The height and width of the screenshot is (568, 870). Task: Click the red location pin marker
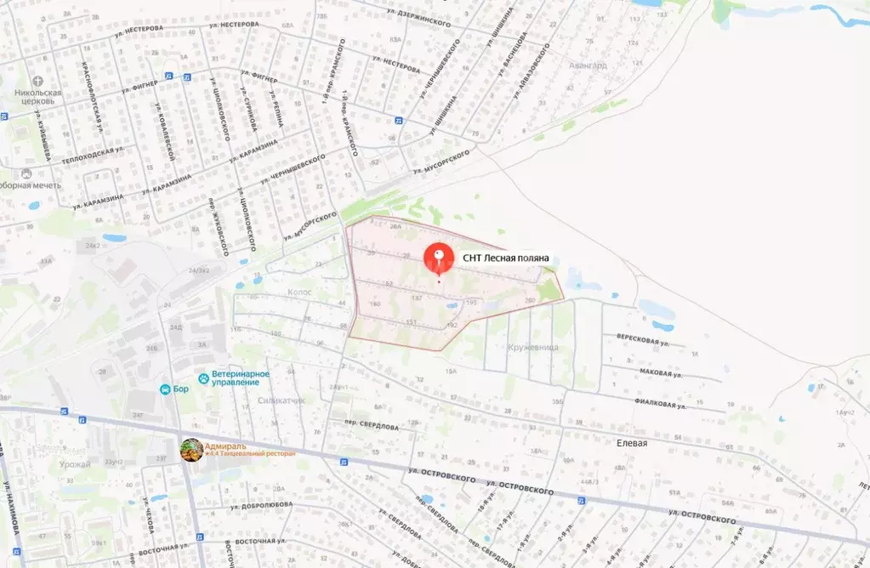click(439, 257)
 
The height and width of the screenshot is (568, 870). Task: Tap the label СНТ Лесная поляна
click(506, 258)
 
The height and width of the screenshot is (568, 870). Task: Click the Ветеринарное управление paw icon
click(204, 378)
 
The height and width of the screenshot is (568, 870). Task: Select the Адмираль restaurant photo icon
click(192, 450)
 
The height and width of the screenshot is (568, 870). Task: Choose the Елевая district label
click(632, 443)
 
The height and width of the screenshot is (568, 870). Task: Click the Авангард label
click(588, 65)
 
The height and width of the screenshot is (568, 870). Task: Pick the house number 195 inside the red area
click(470, 303)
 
